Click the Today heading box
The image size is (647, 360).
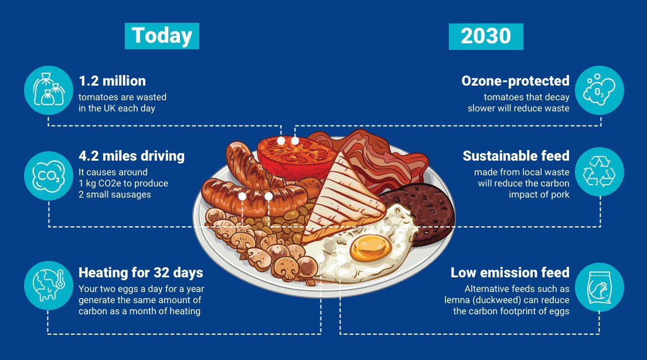click(x=162, y=36)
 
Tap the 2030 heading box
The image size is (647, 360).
click(x=486, y=36)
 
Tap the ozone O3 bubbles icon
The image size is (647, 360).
click(x=599, y=90)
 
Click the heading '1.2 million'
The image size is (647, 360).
click(x=112, y=81)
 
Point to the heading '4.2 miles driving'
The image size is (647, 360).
click(x=131, y=156)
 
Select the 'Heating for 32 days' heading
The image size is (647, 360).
click(x=141, y=273)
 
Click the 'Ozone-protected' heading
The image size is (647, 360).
click(x=515, y=81)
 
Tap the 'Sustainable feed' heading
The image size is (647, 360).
click(x=516, y=156)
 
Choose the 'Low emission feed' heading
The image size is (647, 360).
click(x=510, y=273)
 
